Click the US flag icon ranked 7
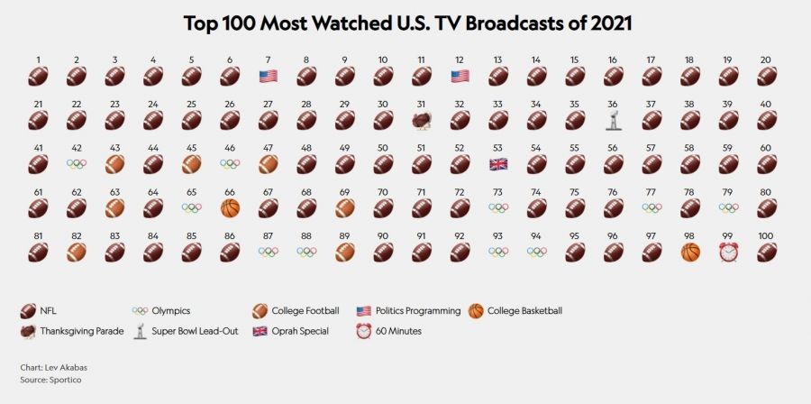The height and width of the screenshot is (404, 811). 269,77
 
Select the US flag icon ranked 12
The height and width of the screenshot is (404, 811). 460,77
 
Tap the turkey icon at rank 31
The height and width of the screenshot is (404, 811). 422,121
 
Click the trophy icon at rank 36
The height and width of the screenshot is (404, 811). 614,120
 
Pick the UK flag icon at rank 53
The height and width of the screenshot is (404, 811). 498,164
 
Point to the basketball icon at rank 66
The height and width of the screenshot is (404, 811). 230,208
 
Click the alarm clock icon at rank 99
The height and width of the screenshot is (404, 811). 728,252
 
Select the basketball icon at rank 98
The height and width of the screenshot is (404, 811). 690,252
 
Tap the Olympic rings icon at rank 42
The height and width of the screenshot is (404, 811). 77,164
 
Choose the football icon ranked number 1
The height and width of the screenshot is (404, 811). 38,77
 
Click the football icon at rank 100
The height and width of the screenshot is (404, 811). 767,252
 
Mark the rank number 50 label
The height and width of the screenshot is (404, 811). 383,148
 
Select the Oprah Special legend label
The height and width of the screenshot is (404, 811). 300,331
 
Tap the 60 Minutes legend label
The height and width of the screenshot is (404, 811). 398,331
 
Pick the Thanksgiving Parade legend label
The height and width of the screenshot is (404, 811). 82,331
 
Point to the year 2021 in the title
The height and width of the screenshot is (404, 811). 606,23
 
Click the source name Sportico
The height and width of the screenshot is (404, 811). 66,380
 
